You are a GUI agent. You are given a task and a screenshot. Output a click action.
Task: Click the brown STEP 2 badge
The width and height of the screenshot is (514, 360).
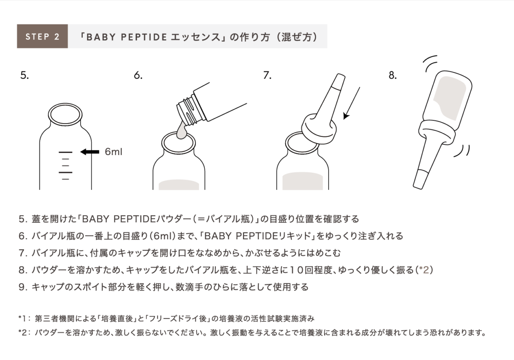tap(42, 36)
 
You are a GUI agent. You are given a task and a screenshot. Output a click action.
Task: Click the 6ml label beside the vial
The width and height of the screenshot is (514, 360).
tap(114, 152)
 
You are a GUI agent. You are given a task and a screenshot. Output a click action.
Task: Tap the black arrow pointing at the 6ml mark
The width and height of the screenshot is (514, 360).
tap(90, 152)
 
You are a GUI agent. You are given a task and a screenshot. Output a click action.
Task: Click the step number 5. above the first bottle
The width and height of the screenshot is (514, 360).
tap(24, 76)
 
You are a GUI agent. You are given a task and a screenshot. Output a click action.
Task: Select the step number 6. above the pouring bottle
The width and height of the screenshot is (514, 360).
tap(137, 76)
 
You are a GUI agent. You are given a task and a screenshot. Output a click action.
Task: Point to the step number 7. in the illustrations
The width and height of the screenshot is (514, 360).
tap(267, 76)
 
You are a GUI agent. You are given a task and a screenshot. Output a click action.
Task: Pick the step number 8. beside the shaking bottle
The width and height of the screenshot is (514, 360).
tap(392, 76)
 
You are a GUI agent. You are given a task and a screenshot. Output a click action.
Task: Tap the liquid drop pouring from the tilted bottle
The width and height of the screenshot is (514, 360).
tap(181, 130)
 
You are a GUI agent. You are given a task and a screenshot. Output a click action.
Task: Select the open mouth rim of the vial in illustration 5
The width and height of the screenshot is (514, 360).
tap(65, 113)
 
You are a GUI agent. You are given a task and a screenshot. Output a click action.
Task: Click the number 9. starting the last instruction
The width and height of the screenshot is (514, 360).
tap(23, 287)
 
